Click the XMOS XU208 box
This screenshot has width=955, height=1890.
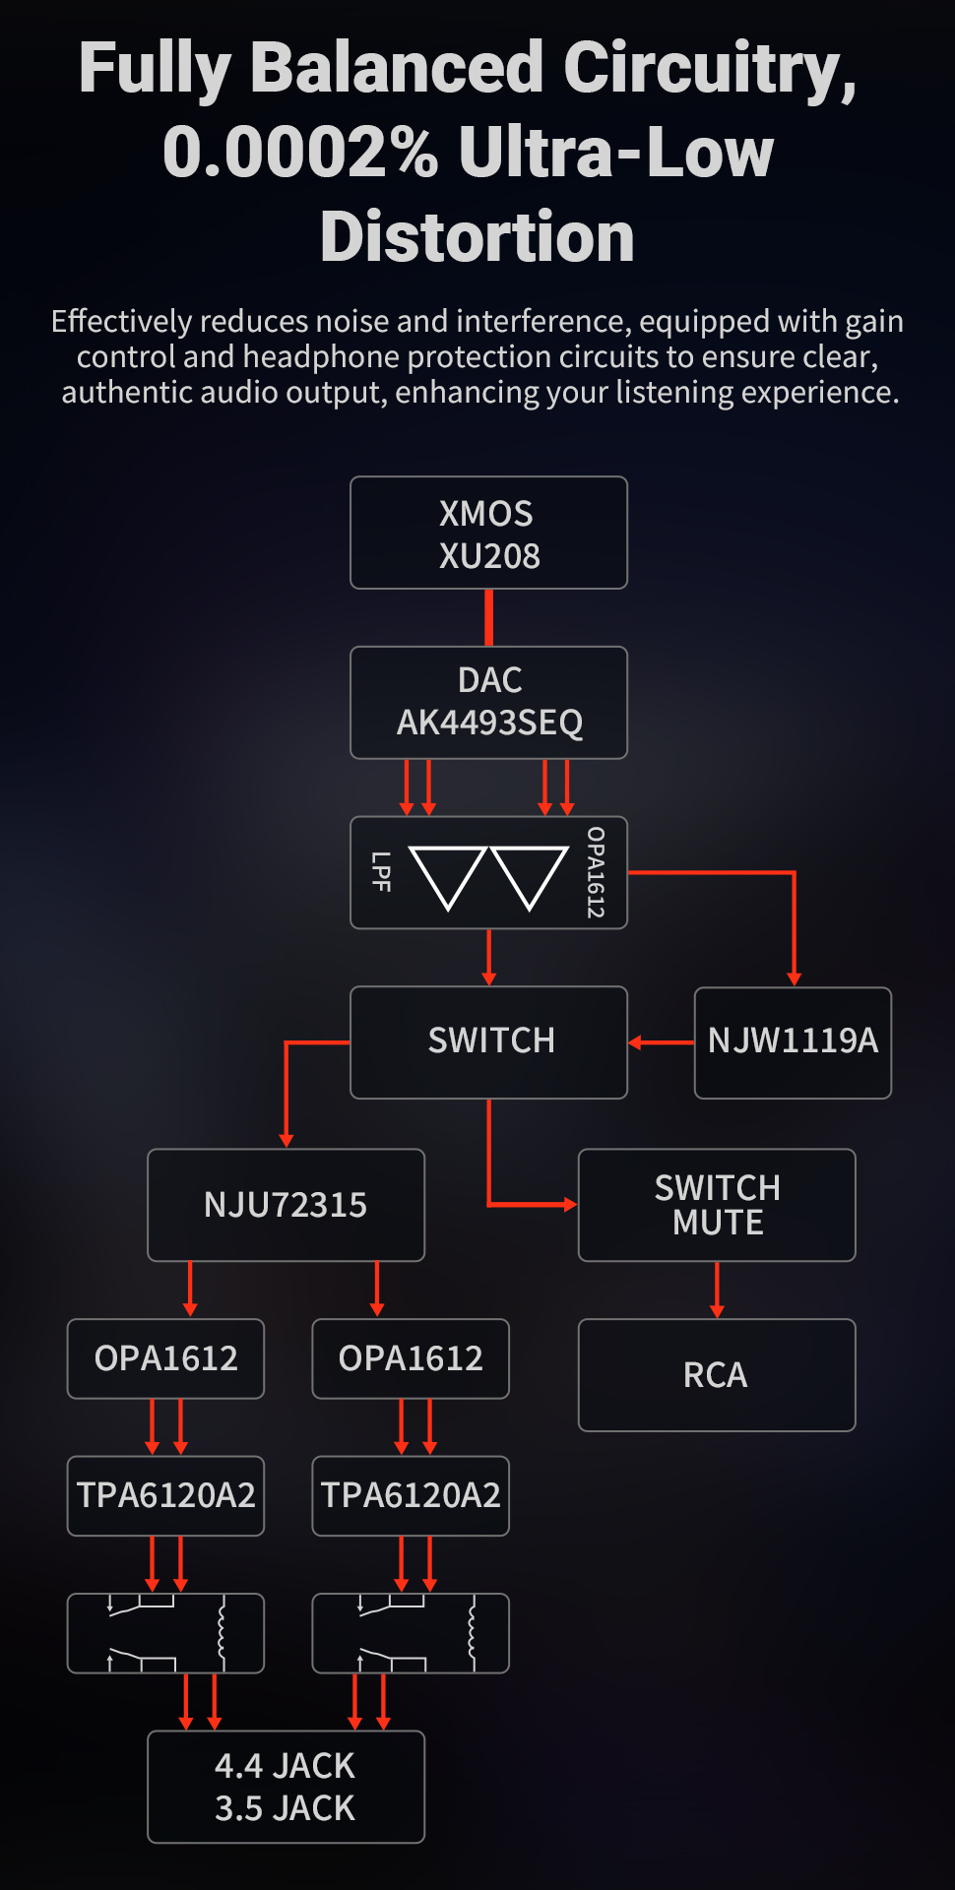(x=488, y=533)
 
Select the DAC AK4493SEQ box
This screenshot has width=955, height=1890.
(x=488, y=702)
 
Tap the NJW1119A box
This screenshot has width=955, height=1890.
(x=793, y=1041)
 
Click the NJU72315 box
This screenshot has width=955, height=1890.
(x=286, y=1205)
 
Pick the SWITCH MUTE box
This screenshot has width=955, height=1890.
(x=717, y=1205)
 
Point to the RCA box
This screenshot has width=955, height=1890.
(x=717, y=1375)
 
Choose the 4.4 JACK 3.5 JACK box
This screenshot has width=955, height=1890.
(x=286, y=1787)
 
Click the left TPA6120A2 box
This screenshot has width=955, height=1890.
(x=165, y=1495)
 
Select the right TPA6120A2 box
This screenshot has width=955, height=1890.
(x=411, y=1495)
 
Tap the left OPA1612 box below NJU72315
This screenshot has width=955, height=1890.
(x=165, y=1358)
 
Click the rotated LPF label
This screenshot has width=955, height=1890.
(x=381, y=872)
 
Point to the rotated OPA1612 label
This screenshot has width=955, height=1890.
(x=595, y=872)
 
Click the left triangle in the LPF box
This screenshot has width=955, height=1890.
(x=448, y=873)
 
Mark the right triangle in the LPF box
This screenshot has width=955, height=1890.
(x=530, y=873)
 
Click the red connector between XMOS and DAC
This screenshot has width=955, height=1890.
(x=488, y=617)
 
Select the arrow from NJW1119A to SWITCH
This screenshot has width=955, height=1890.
(x=661, y=1042)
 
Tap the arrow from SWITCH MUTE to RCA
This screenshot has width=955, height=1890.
(x=717, y=1290)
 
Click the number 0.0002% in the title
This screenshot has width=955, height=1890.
(x=300, y=153)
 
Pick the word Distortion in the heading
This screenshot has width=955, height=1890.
(x=477, y=237)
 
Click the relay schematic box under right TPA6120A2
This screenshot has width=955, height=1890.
(x=411, y=1633)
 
